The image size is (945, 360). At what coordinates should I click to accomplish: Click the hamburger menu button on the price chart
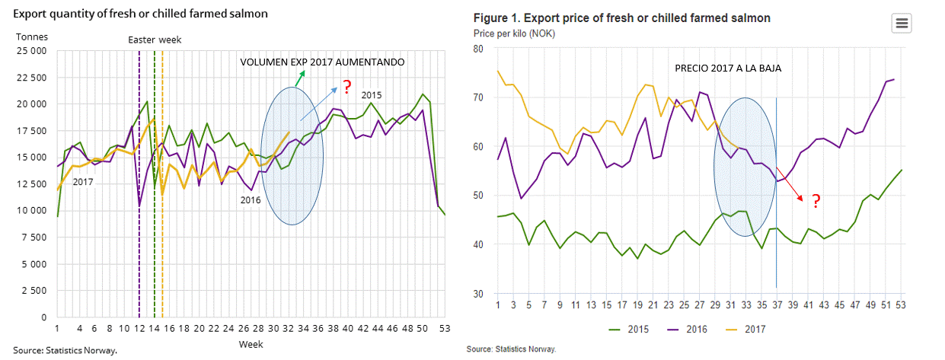click(902, 24)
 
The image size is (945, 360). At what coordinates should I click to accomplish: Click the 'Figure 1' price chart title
click(621, 18)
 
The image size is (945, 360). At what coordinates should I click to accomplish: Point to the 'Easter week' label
click(155, 40)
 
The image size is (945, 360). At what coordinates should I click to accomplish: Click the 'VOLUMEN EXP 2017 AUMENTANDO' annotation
click(322, 62)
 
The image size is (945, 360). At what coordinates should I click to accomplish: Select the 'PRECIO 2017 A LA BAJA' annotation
click(728, 68)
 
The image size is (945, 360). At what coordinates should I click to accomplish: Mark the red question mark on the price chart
click(815, 202)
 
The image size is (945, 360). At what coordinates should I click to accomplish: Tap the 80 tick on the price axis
click(479, 49)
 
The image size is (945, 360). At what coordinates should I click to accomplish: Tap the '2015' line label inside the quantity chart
click(371, 94)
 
